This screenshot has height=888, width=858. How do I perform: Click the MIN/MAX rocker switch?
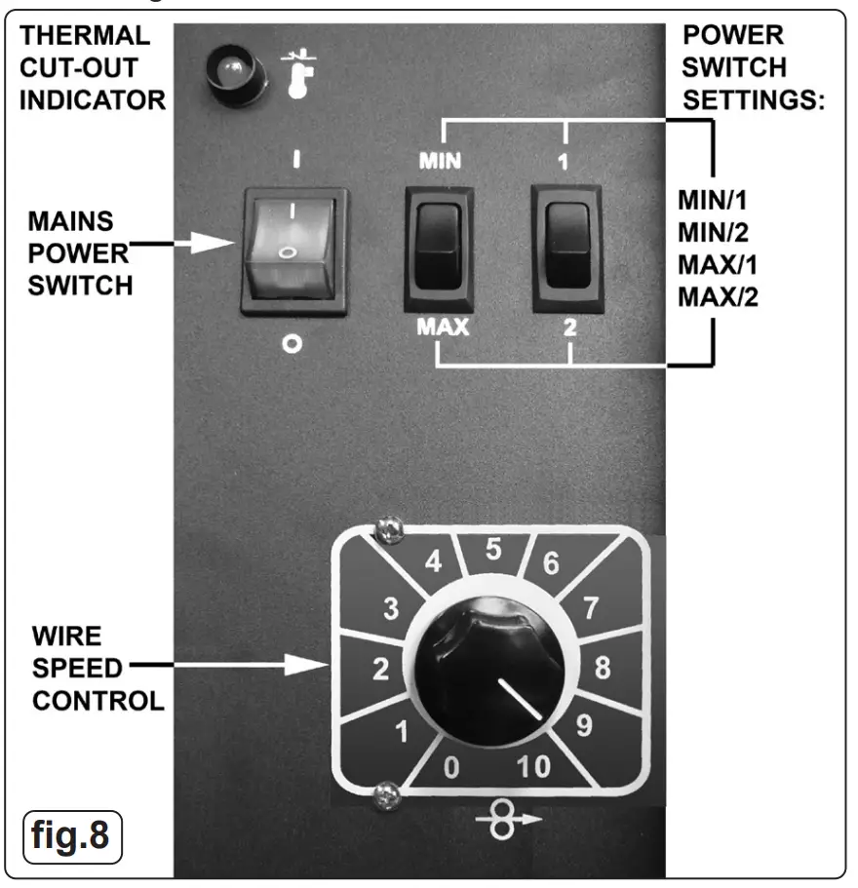[x=438, y=249]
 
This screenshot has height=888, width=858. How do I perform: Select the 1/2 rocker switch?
[x=565, y=249]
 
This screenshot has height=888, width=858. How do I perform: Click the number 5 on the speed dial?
[x=494, y=551]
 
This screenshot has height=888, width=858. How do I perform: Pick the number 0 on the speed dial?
[x=450, y=769]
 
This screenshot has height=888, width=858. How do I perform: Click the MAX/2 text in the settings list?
[x=718, y=293]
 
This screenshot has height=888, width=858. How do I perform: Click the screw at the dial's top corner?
[x=384, y=530]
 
